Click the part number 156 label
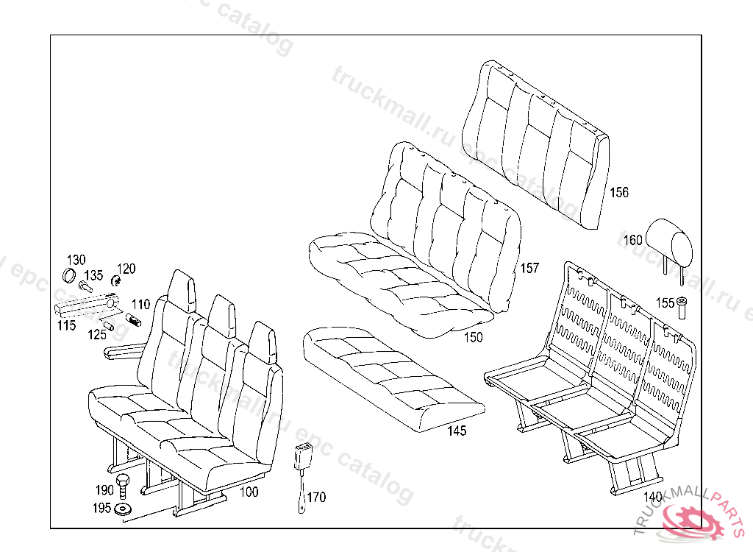[x=619, y=193]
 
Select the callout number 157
[x=529, y=268]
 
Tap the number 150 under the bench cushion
[x=474, y=337]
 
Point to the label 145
[x=457, y=431]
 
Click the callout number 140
[x=653, y=496]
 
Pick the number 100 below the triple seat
[x=249, y=492]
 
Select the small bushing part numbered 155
[x=682, y=306]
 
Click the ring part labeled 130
[x=69, y=276]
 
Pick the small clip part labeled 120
[x=115, y=280]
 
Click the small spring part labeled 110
[x=134, y=319]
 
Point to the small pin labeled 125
[x=107, y=326]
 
